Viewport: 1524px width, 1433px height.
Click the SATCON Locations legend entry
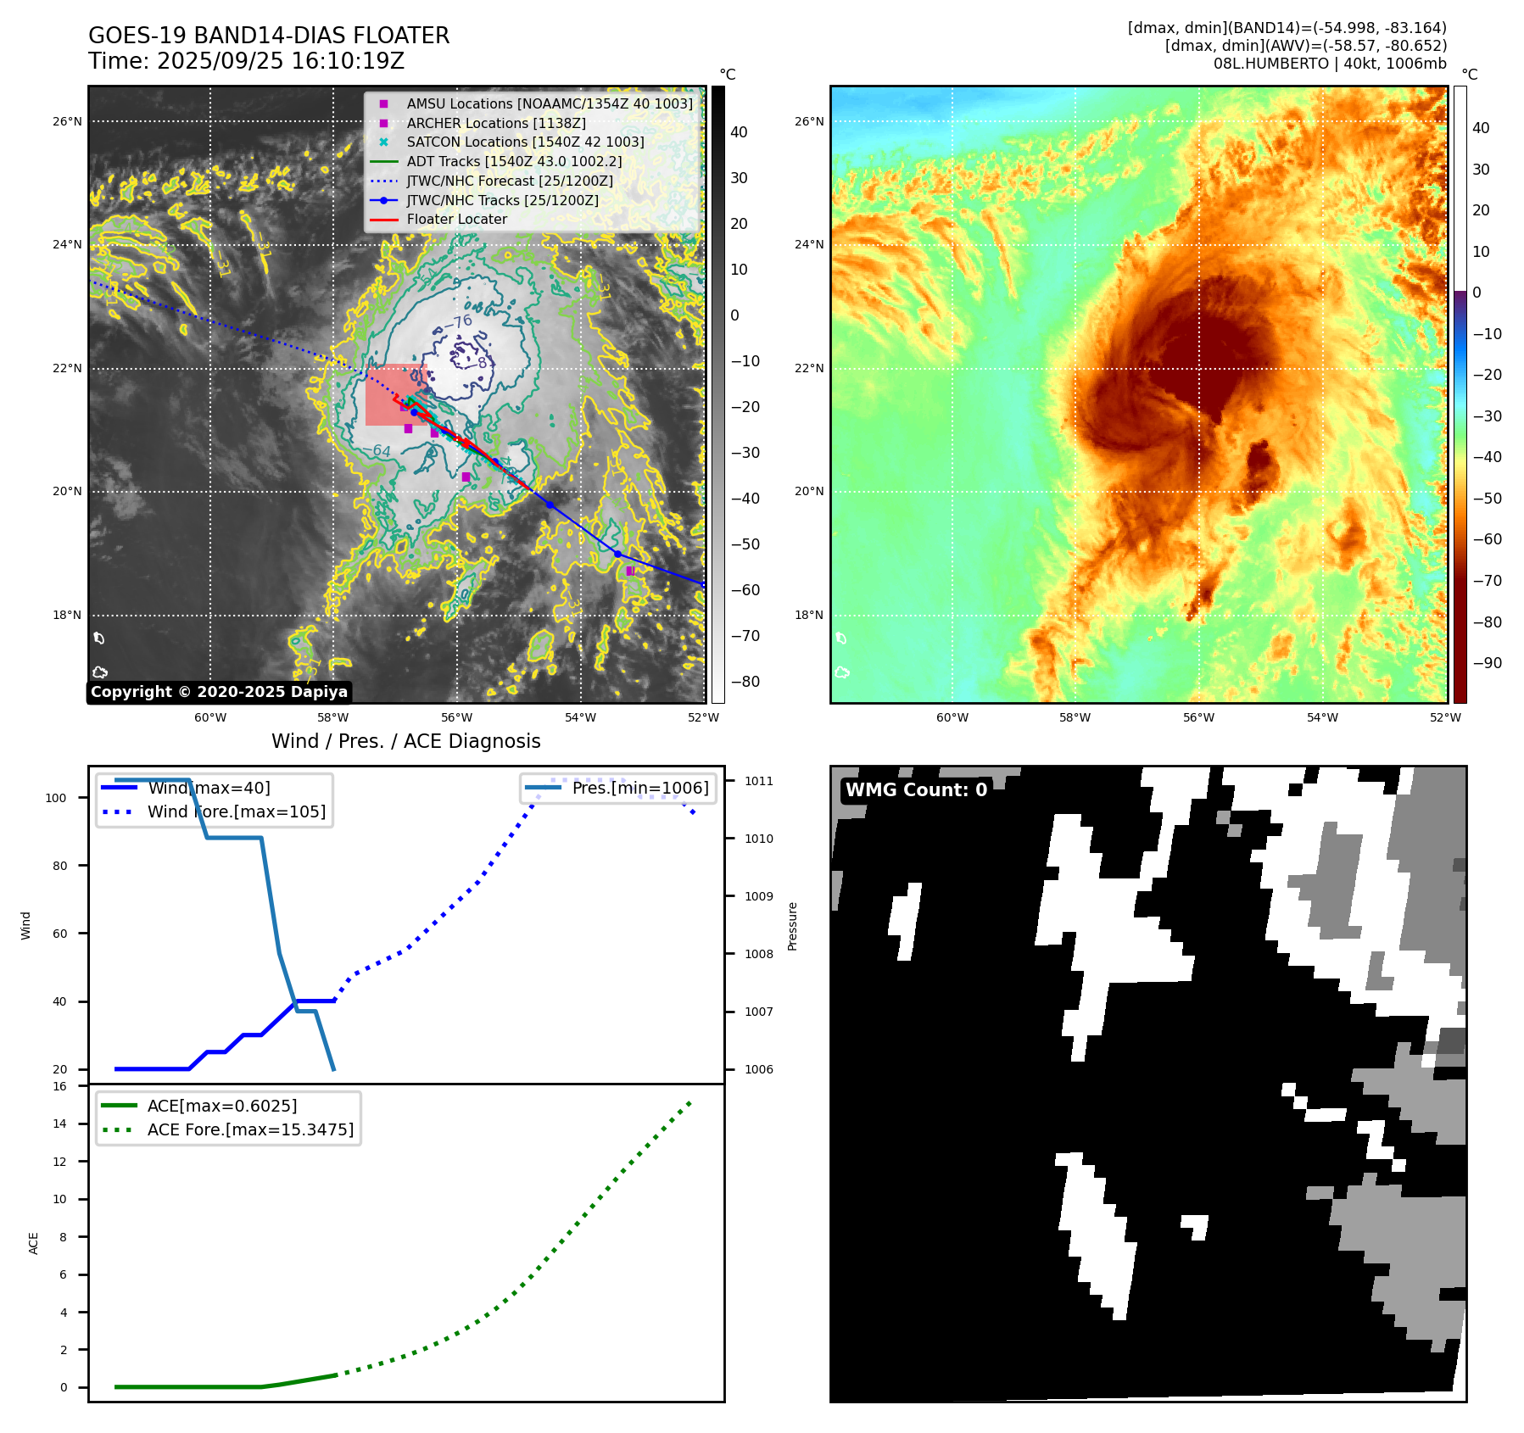pyautogui.click(x=525, y=142)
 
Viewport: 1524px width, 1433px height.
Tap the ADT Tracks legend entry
pyautogui.click(x=514, y=161)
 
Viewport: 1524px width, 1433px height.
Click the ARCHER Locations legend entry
pyautogui.click(x=495, y=123)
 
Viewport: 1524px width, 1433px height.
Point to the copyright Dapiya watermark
pyautogui.click(x=219, y=692)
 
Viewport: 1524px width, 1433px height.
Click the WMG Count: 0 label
pyautogui.click(x=916, y=790)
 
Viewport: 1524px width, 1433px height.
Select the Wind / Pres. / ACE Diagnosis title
pyautogui.click(x=405, y=741)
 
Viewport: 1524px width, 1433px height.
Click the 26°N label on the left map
pyautogui.click(x=68, y=121)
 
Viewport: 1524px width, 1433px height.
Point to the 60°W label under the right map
pyautogui.click(x=952, y=717)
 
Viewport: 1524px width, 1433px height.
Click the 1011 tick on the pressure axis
pyautogui.click(x=759, y=781)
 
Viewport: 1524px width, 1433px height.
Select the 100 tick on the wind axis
pyautogui.click(x=56, y=798)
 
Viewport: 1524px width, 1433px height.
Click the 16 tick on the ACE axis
pyautogui.click(x=59, y=1086)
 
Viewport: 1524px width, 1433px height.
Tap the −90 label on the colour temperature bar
pyautogui.click(x=1487, y=663)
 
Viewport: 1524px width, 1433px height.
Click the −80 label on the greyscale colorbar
pyautogui.click(x=745, y=682)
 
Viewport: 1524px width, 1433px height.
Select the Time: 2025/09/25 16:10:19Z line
pyautogui.click(x=246, y=61)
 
